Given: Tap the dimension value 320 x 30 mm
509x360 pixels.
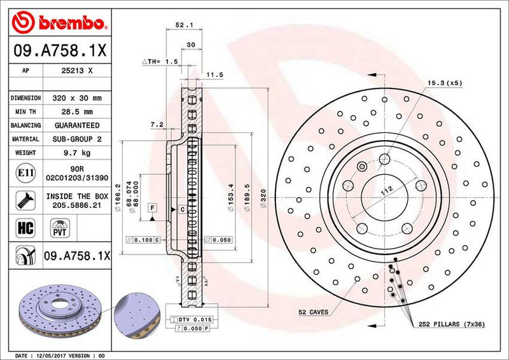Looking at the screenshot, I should (x=78, y=99).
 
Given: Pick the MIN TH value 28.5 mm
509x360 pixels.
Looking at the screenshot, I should (x=78, y=112).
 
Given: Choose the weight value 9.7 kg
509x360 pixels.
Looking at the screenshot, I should (x=78, y=153).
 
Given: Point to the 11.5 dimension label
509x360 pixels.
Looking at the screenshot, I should (x=214, y=74).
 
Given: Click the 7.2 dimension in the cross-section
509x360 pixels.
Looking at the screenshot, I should (x=157, y=125).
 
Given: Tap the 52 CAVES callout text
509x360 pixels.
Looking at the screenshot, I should (x=313, y=312).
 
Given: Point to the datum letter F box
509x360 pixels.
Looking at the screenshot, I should (x=153, y=207).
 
